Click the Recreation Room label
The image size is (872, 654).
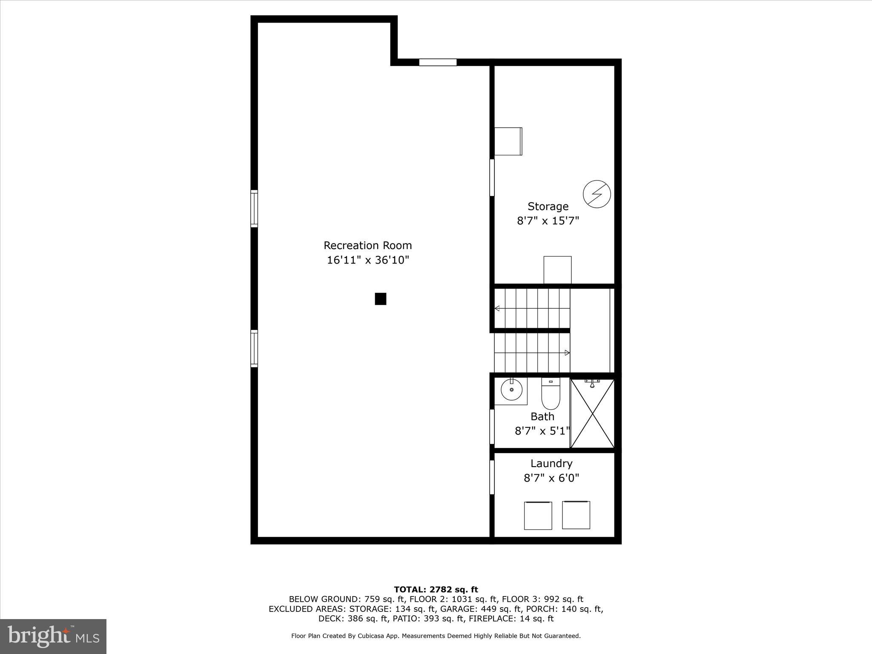coord(367,246)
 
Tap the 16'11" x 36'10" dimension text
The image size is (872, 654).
coord(367,260)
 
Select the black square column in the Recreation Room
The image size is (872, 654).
coord(380,299)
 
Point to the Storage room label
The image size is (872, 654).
coord(548,207)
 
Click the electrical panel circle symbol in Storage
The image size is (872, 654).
coord(597,194)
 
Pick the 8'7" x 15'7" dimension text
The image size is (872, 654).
coord(548,221)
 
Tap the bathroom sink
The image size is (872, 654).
coord(511,390)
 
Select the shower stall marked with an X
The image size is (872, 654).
coord(592,413)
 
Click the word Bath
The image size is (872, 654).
coord(542,416)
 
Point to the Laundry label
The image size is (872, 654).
coord(551,463)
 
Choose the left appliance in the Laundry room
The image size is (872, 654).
coord(538,516)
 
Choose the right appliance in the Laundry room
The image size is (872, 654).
coord(576,515)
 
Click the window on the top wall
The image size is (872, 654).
coord(438,62)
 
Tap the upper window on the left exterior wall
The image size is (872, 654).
coord(254,209)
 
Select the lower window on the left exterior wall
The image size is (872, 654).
coord(254,348)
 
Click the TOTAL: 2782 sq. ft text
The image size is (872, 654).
coord(436,590)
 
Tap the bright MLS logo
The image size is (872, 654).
coord(53,636)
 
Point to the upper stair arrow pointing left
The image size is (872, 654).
coord(497,308)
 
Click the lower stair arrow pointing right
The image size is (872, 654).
coord(567,353)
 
